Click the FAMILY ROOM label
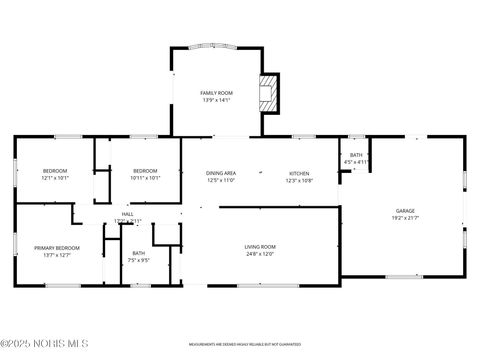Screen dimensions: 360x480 click(217, 92)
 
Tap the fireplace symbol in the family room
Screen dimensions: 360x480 click(268, 93)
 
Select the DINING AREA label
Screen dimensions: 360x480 click(221, 173)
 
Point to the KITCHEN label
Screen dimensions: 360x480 click(300, 173)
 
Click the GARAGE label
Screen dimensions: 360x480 click(405, 211)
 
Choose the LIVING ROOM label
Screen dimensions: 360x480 click(260, 246)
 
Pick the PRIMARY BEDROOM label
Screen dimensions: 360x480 click(56, 247)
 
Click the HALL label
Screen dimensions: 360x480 click(128, 214)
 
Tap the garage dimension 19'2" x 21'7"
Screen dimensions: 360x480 click(405, 218)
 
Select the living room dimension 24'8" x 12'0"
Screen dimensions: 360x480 click(260, 253)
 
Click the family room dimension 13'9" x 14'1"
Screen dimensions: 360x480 click(217, 99)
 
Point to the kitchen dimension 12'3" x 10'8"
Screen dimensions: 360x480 click(300, 180)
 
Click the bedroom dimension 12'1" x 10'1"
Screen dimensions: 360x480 click(55, 179)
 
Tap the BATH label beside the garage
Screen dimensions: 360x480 click(356, 155)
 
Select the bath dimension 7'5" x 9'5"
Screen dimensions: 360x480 click(139, 260)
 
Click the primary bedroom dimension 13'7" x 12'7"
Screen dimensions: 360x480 click(56, 254)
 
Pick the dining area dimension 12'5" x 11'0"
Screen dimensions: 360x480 click(221, 180)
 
